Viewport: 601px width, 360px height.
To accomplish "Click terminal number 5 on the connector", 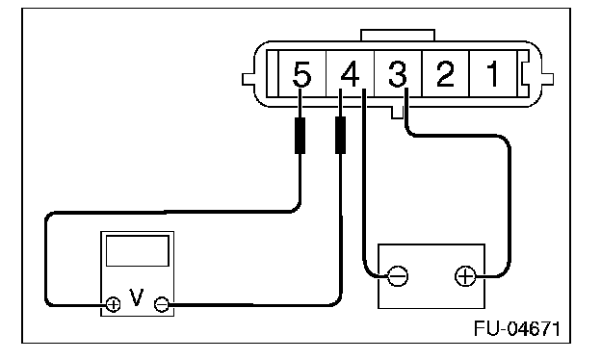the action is [301, 74].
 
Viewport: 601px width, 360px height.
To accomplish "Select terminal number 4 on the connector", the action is [350, 74].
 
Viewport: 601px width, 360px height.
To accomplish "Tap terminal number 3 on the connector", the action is [398, 74].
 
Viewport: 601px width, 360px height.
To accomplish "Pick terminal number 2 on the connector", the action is [445, 74].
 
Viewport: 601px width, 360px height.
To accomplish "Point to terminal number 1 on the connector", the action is [492, 74].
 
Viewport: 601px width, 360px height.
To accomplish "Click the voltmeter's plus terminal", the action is [113, 304].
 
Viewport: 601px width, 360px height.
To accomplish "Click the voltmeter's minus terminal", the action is [162, 304].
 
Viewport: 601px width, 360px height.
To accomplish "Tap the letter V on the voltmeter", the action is [137, 297].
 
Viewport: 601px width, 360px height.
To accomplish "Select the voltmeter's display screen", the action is [137, 251].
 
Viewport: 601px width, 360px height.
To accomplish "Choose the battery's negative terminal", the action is [398, 275].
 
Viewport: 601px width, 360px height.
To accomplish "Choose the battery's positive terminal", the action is [465, 275].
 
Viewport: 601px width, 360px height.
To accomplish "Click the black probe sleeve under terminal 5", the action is [300, 136].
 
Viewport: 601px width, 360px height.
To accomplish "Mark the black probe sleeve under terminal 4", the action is [340, 136].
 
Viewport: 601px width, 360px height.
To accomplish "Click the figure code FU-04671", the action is [517, 328].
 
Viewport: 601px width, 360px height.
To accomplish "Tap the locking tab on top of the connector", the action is [398, 35].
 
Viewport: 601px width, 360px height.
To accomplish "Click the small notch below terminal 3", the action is [397, 113].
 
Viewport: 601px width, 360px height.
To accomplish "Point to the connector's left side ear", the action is [248, 79].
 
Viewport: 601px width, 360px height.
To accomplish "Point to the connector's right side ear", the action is [547, 79].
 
